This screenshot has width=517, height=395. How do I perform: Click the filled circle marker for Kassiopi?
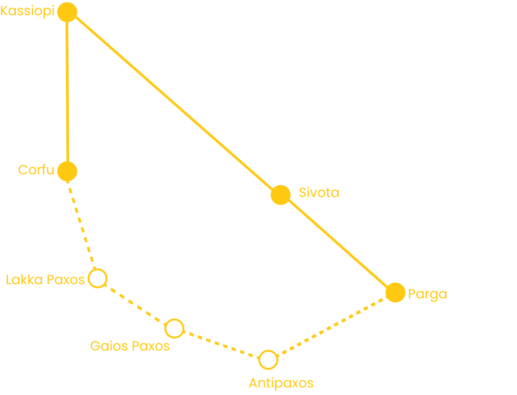[67, 12]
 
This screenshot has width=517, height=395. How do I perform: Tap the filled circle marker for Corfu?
[67, 171]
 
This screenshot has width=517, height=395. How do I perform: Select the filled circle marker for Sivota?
[281, 195]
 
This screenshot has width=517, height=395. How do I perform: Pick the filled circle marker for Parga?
[395, 292]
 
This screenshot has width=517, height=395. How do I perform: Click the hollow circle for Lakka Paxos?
[98, 269]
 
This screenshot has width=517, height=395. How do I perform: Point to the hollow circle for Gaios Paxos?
[175, 319]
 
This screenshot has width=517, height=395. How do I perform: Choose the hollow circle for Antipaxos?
[268, 350]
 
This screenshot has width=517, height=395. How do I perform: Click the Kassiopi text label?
[28, 11]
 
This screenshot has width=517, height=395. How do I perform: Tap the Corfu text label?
[36, 170]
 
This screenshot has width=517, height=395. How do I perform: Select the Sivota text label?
[319, 193]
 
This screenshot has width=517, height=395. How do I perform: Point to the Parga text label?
[427, 294]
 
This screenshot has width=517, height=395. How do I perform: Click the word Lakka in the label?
[24, 280]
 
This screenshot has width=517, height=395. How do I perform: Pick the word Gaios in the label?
[109, 346]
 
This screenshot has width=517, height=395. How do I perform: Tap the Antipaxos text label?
[281, 383]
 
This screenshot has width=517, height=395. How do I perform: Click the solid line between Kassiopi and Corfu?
[67, 92]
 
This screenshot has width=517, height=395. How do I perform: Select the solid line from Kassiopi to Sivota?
[174, 103]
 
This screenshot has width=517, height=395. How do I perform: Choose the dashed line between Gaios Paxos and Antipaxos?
[221, 344]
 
